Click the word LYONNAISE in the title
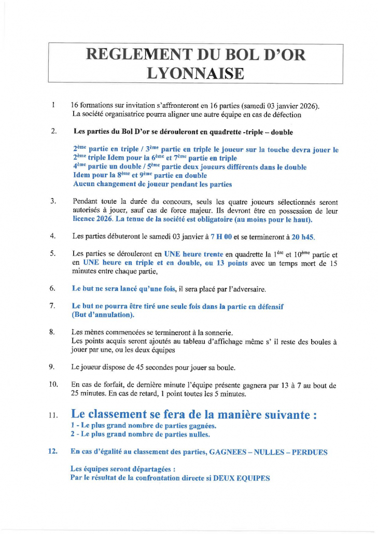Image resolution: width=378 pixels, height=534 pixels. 195,73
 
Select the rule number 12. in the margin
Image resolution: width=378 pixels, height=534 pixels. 52,452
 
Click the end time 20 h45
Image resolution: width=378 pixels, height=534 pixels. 303,236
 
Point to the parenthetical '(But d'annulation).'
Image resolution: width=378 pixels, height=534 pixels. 103,315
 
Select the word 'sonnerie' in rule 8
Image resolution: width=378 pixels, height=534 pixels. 218,332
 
